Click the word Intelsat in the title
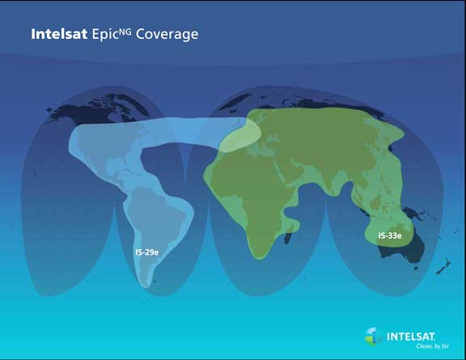click(x=59, y=34)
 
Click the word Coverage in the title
click(x=167, y=35)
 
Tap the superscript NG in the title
click(x=125, y=32)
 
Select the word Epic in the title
click(x=105, y=35)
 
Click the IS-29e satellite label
click(x=147, y=252)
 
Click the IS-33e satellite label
click(x=390, y=235)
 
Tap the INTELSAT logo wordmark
click(x=411, y=337)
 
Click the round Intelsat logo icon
click(x=374, y=337)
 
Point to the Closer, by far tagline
click(x=432, y=346)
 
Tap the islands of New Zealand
click(x=443, y=267)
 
